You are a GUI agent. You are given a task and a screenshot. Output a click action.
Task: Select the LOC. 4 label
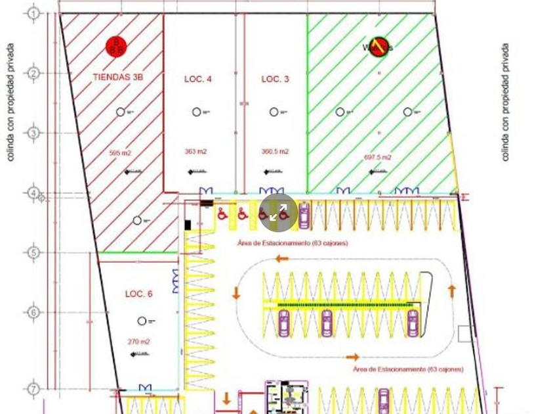coord(198,79)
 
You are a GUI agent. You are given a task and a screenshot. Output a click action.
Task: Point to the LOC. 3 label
coord(275,79)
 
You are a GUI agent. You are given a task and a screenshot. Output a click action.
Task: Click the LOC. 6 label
coord(138,294)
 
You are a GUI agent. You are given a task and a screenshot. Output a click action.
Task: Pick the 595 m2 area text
coord(120,153)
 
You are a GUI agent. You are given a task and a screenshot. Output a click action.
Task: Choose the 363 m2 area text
coord(195,152)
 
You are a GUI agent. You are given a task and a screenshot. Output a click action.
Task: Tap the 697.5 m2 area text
coord(378,157)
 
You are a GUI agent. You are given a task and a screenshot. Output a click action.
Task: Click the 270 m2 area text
coord(139,342)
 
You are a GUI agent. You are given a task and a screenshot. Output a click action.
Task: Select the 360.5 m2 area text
coord(275,152)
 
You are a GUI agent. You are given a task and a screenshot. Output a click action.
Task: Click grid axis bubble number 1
coord(34,13)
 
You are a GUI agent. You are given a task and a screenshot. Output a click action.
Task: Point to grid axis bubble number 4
coord(34,193)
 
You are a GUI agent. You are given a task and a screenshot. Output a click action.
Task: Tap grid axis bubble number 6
coord(34,313)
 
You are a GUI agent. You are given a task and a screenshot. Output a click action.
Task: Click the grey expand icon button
coord(279,212)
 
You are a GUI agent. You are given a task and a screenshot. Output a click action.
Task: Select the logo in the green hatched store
coord(377,47)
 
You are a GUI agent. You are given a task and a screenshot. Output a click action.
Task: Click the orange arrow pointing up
coord(451,290)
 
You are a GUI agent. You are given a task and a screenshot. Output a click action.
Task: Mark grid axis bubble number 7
coord(34,389)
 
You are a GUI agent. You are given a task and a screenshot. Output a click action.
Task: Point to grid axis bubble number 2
coord(34,73)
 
